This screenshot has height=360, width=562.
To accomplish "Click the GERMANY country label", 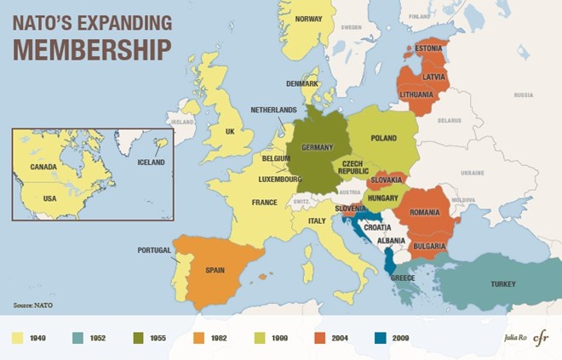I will [x=317, y=147].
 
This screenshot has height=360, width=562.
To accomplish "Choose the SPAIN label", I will [x=215, y=271].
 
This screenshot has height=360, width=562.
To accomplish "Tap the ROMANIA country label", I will [x=423, y=212].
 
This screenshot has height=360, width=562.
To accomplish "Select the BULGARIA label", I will [x=428, y=246].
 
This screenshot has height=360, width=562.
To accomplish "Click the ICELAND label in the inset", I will [x=151, y=162].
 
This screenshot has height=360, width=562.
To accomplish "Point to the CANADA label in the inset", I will [x=43, y=168].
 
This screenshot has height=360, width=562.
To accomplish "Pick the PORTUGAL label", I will [x=154, y=250].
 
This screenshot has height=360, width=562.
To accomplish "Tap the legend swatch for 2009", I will [x=380, y=339].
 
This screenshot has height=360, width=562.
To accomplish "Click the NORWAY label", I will [x=307, y=19].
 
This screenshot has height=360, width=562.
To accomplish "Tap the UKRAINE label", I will [x=471, y=172].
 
